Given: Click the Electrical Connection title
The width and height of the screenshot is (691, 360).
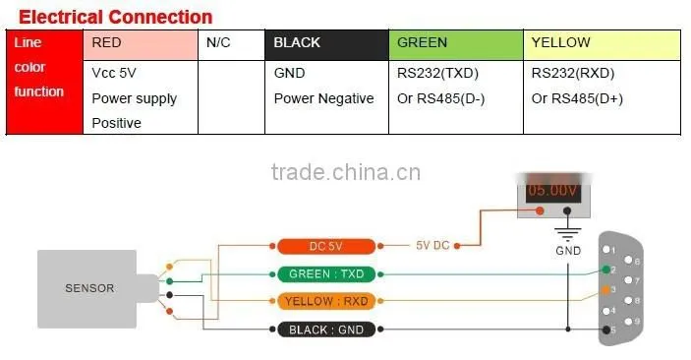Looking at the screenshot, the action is coord(115,17).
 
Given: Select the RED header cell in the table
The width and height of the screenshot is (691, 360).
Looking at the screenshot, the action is coord(141,45).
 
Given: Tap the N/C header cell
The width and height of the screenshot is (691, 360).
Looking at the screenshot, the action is coord(231,45).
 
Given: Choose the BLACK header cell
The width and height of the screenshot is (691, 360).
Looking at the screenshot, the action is coord(326,45).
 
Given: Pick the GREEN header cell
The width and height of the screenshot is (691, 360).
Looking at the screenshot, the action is coord(456,45).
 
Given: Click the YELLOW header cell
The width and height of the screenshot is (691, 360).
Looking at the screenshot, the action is coord(602,45).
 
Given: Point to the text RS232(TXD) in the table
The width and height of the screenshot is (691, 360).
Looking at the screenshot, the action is coord(437,73).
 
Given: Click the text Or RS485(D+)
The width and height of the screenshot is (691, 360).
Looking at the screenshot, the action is coord(577,98).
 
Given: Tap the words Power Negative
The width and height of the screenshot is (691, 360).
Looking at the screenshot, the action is coord(323,98).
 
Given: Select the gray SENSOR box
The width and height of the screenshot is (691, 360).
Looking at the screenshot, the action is coord(86,289).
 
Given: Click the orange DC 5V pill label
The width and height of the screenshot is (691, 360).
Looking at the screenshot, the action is coord(326,246).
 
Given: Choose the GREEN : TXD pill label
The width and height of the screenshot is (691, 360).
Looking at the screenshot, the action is coord(326,274).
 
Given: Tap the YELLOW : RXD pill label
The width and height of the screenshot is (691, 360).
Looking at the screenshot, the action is coord(326,301).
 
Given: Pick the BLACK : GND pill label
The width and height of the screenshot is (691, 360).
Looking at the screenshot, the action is coord(326,330).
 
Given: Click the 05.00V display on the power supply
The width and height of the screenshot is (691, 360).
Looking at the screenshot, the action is coord(552,191).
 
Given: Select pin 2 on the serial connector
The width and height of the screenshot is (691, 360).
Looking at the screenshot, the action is coord(606,270).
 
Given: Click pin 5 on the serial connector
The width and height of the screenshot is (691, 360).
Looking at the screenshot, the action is coord(606,330).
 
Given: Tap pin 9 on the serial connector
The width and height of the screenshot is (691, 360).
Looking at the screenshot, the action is coord(628,322).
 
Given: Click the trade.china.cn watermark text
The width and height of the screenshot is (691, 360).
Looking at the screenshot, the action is coord(346,172).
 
